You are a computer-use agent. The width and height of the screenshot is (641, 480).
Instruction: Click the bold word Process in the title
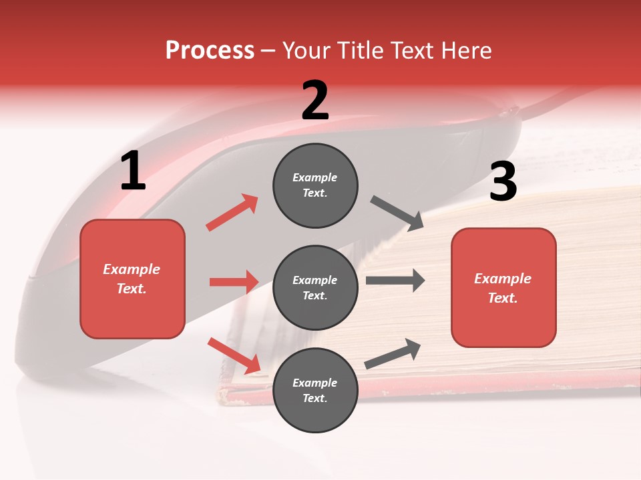click(x=210, y=50)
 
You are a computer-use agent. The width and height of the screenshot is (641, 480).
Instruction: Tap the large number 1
click(x=133, y=171)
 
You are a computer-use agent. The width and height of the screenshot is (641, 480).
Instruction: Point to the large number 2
click(x=315, y=101)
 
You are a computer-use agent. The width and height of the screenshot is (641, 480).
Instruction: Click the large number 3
click(x=503, y=182)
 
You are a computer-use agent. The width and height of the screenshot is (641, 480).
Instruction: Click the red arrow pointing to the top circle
click(x=232, y=213)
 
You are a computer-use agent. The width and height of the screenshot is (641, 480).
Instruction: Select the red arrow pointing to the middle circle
click(x=234, y=281)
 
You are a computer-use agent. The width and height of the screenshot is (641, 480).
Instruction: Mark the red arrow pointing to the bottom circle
click(x=234, y=355)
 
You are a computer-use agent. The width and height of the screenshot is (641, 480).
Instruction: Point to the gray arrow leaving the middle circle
click(x=395, y=280)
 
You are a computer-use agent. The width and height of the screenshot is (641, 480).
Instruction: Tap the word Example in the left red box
click(x=132, y=269)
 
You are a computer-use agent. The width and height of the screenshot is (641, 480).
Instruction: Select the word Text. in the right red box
click(x=503, y=298)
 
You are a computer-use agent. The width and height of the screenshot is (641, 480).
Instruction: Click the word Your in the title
click(x=306, y=50)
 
